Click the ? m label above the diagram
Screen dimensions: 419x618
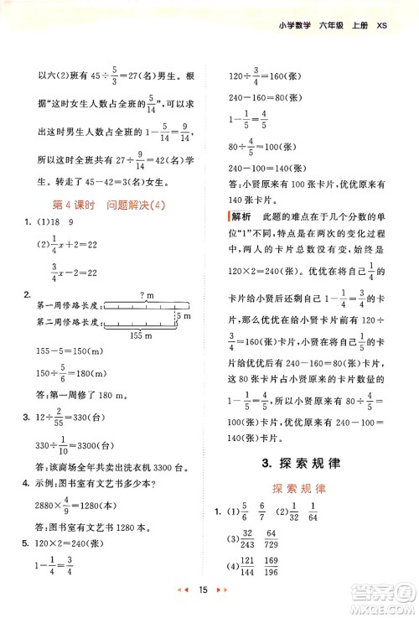(149, 296)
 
